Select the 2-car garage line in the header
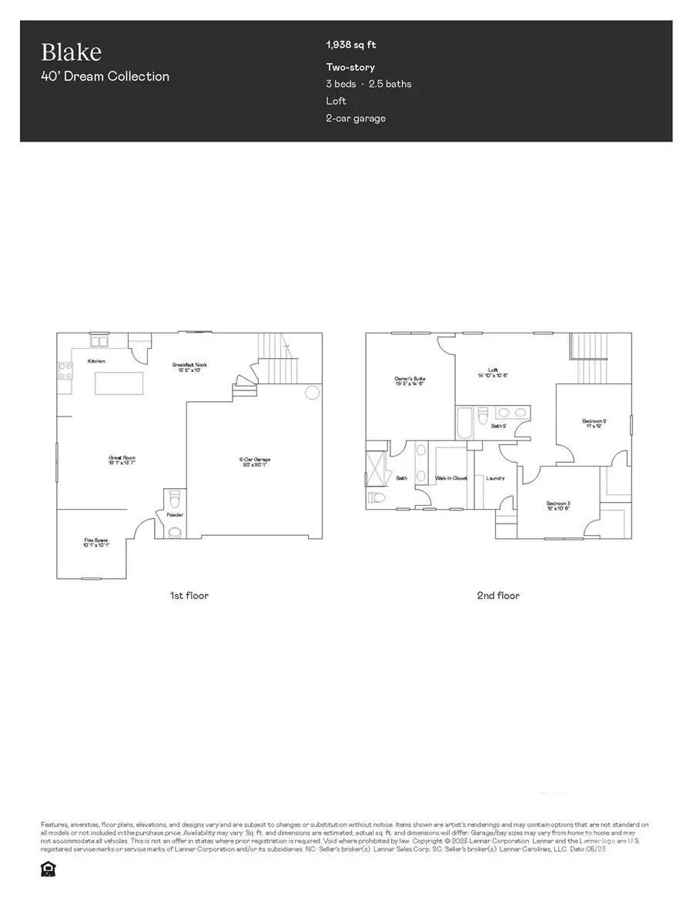[x=356, y=118]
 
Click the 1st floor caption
[x=189, y=595]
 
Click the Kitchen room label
[x=96, y=361]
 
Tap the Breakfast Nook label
[x=190, y=365]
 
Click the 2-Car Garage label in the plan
[x=255, y=460]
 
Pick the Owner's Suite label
[x=410, y=380]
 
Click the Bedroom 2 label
[x=594, y=421]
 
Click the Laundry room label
[x=495, y=478]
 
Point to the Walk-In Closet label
[x=451, y=478]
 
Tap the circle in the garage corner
[x=312, y=393]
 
